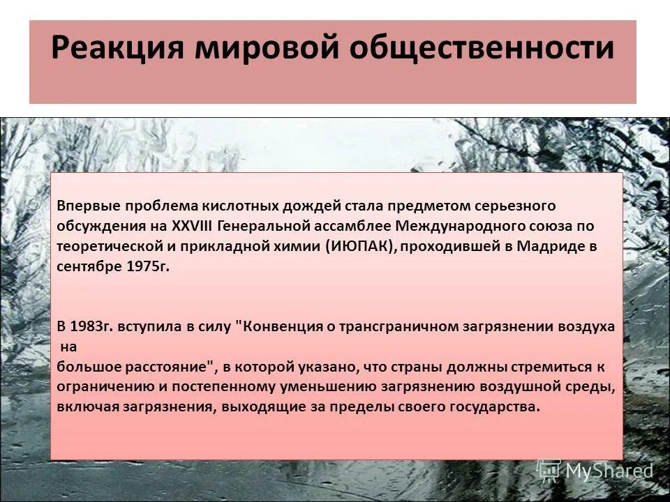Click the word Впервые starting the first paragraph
tap(89, 206)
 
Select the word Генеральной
tap(260, 227)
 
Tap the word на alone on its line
tap(67, 347)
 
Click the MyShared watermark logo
tap(595, 471)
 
